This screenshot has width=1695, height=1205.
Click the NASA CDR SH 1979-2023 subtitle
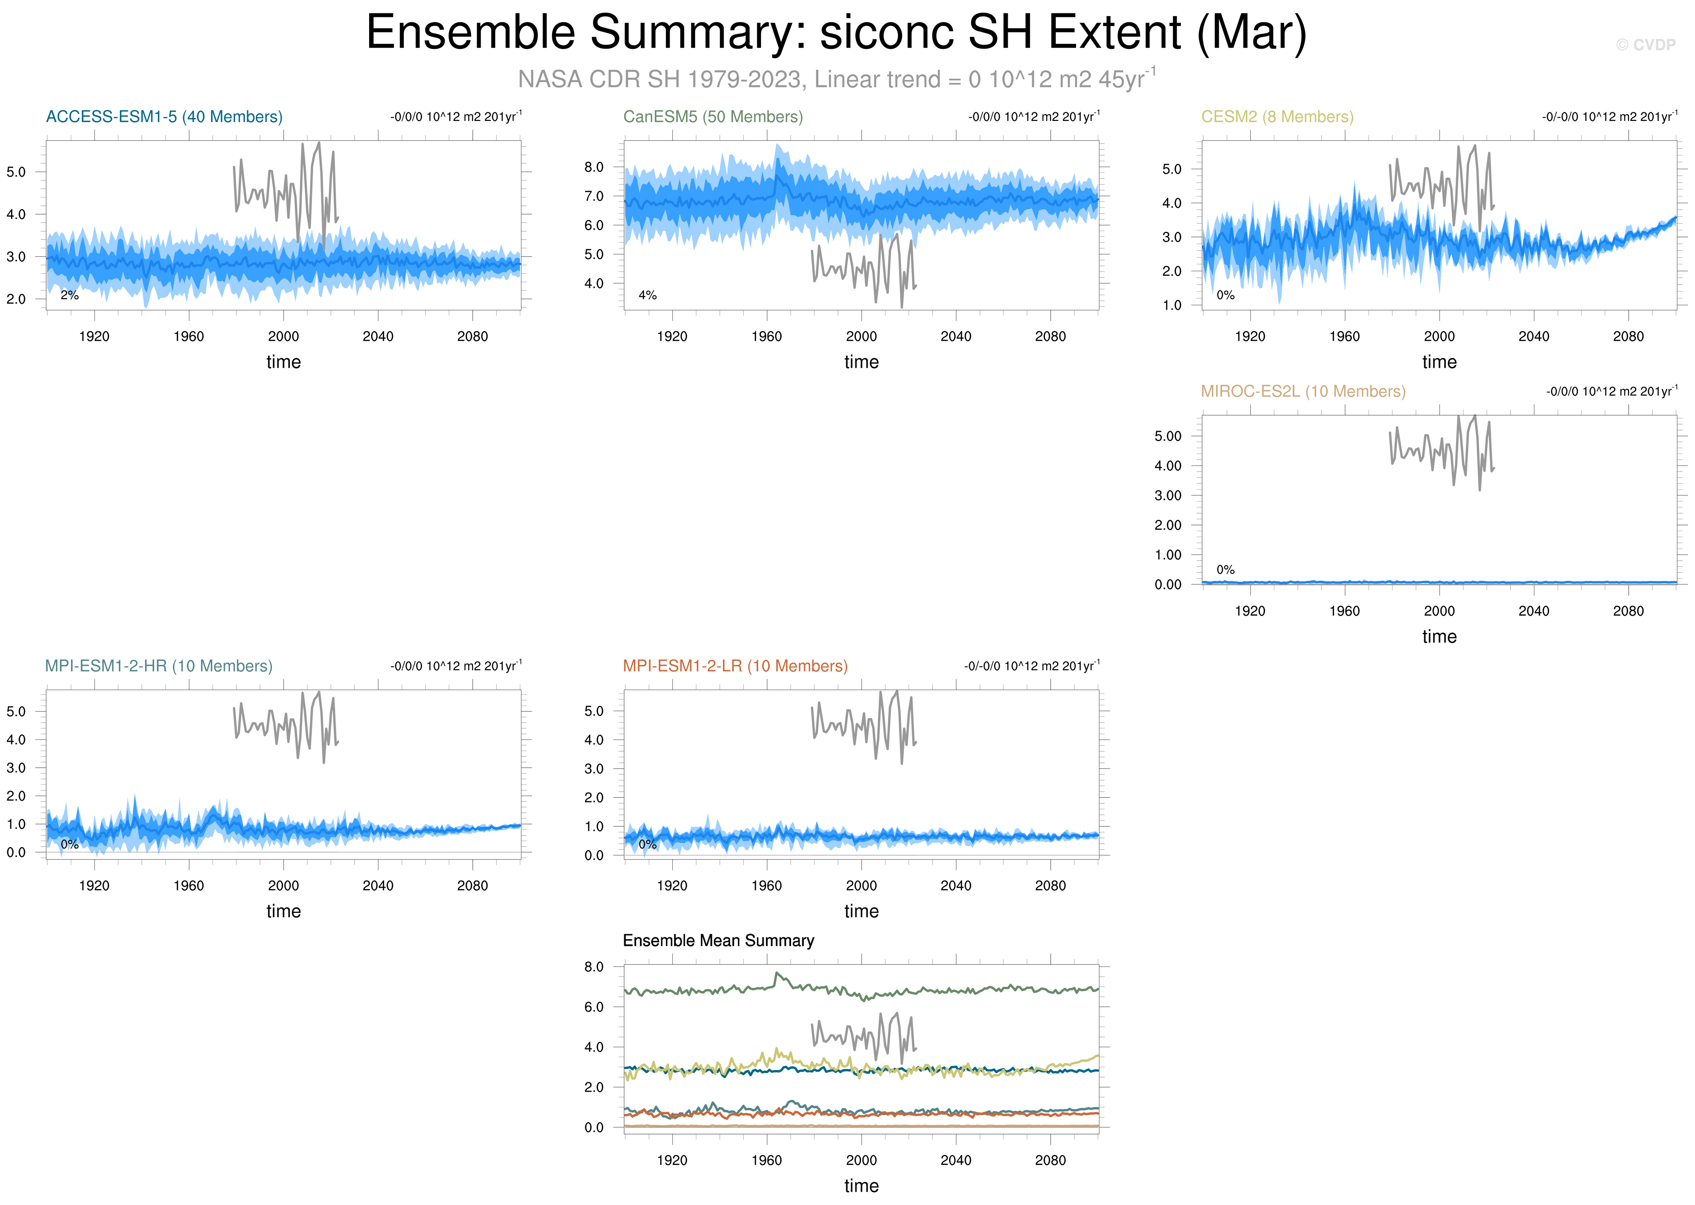[837, 79]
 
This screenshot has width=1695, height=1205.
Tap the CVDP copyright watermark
[1645, 45]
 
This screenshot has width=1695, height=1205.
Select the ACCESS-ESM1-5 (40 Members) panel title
[164, 116]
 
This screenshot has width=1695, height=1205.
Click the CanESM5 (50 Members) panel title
[712, 116]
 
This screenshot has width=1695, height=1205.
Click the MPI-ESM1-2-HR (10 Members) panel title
[159, 666]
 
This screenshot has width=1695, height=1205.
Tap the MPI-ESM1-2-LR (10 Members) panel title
[735, 666]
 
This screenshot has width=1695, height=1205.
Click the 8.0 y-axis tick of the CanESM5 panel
[594, 167]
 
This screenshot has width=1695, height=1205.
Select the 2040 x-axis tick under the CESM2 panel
[1533, 336]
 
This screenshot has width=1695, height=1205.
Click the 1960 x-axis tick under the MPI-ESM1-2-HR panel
[188, 885]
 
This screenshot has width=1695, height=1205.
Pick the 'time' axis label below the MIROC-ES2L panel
[1439, 637]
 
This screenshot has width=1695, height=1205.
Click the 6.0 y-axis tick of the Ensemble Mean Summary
[594, 1007]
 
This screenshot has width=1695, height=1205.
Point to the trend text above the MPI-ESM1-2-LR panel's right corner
[1031, 666]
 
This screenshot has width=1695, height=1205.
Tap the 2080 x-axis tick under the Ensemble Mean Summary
[1050, 1160]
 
